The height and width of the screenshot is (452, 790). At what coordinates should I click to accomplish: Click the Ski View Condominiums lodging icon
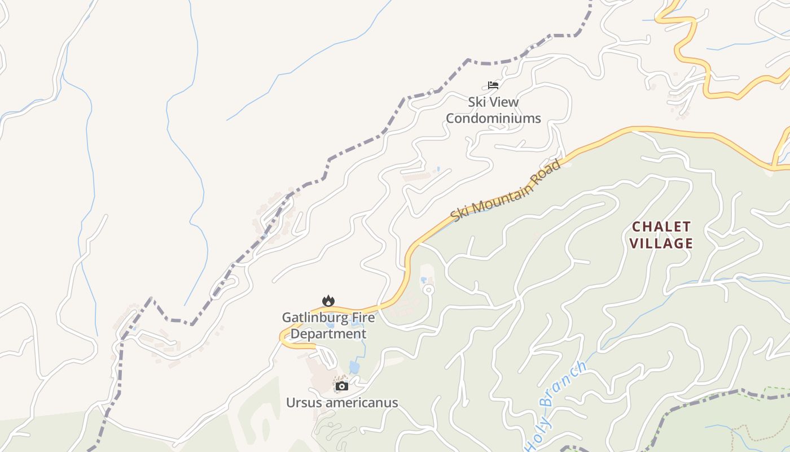(493, 85)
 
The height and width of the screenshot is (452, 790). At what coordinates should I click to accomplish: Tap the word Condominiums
(493, 119)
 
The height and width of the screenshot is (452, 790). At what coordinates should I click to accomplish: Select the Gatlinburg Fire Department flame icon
(328, 301)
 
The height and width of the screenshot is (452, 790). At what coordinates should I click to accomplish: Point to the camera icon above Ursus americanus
(341, 386)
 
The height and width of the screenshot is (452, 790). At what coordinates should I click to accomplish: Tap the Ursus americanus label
(341, 403)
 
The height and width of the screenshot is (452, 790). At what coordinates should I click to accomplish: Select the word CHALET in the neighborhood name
(661, 227)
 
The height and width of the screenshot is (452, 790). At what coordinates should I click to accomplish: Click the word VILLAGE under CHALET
(661, 244)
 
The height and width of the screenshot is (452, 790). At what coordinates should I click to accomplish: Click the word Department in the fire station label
(328, 334)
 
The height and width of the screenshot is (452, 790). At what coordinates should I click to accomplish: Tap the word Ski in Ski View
(477, 102)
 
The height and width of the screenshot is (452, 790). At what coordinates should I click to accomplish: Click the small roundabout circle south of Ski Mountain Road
(428, 290)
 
